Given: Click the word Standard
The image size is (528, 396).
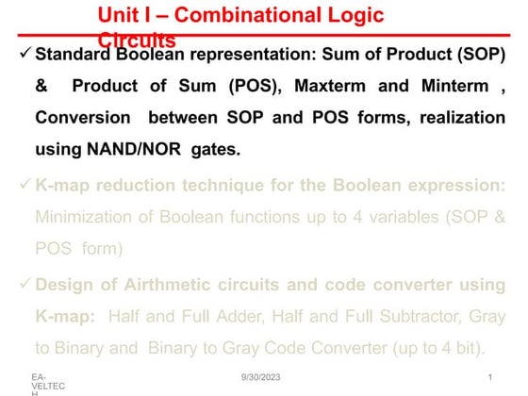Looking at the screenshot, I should [x=77, y=53].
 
